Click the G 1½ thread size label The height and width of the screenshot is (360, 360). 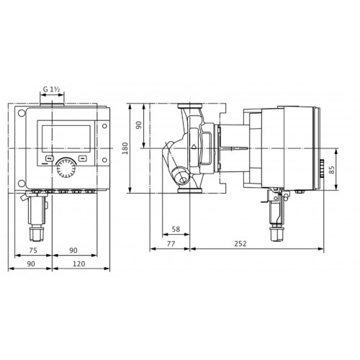click(x=51, y=89)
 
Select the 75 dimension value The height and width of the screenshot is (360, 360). click(x=33, y=251)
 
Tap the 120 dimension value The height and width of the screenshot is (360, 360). click(x=78, y=264)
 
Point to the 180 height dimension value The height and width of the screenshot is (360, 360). click(x=125, y=148)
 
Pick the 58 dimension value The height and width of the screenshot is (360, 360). click(x=176, y=229)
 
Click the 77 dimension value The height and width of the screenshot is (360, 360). click(x=171, y=243)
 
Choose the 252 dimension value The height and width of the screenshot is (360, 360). click(x=240, y=243)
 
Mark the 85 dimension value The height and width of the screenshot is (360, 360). click(x=331, y=170)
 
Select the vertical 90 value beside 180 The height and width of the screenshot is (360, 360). click(x=139, y=125)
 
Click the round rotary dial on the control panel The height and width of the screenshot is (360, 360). click(x=66, y=168)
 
